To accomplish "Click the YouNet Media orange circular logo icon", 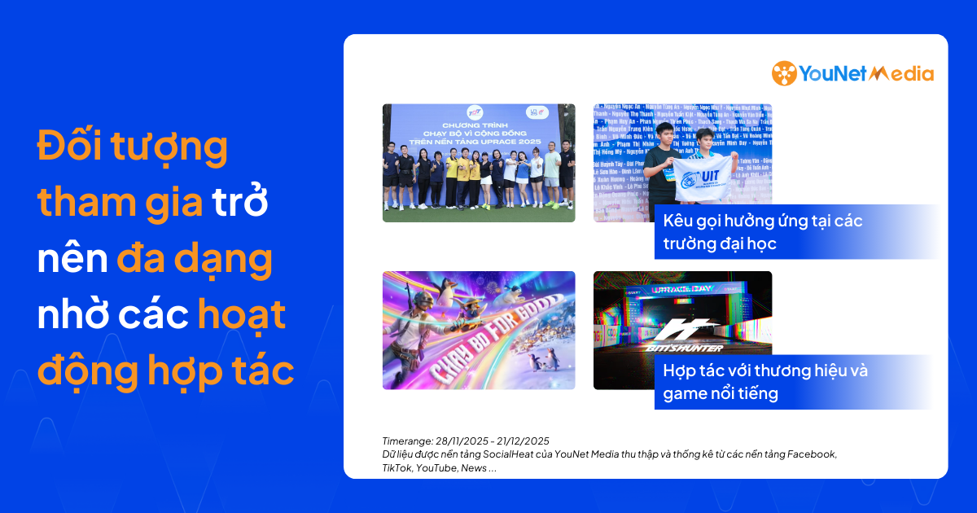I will tap(784, 73).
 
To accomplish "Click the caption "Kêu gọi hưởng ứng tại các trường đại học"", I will tap(763, 232).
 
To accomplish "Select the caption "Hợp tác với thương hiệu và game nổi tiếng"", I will tap(765, 382).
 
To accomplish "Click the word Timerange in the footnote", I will tap(407, 441).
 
